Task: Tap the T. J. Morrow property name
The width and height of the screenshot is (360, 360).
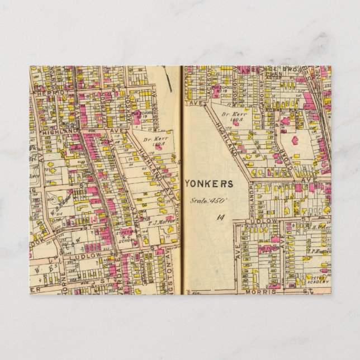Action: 162,222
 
